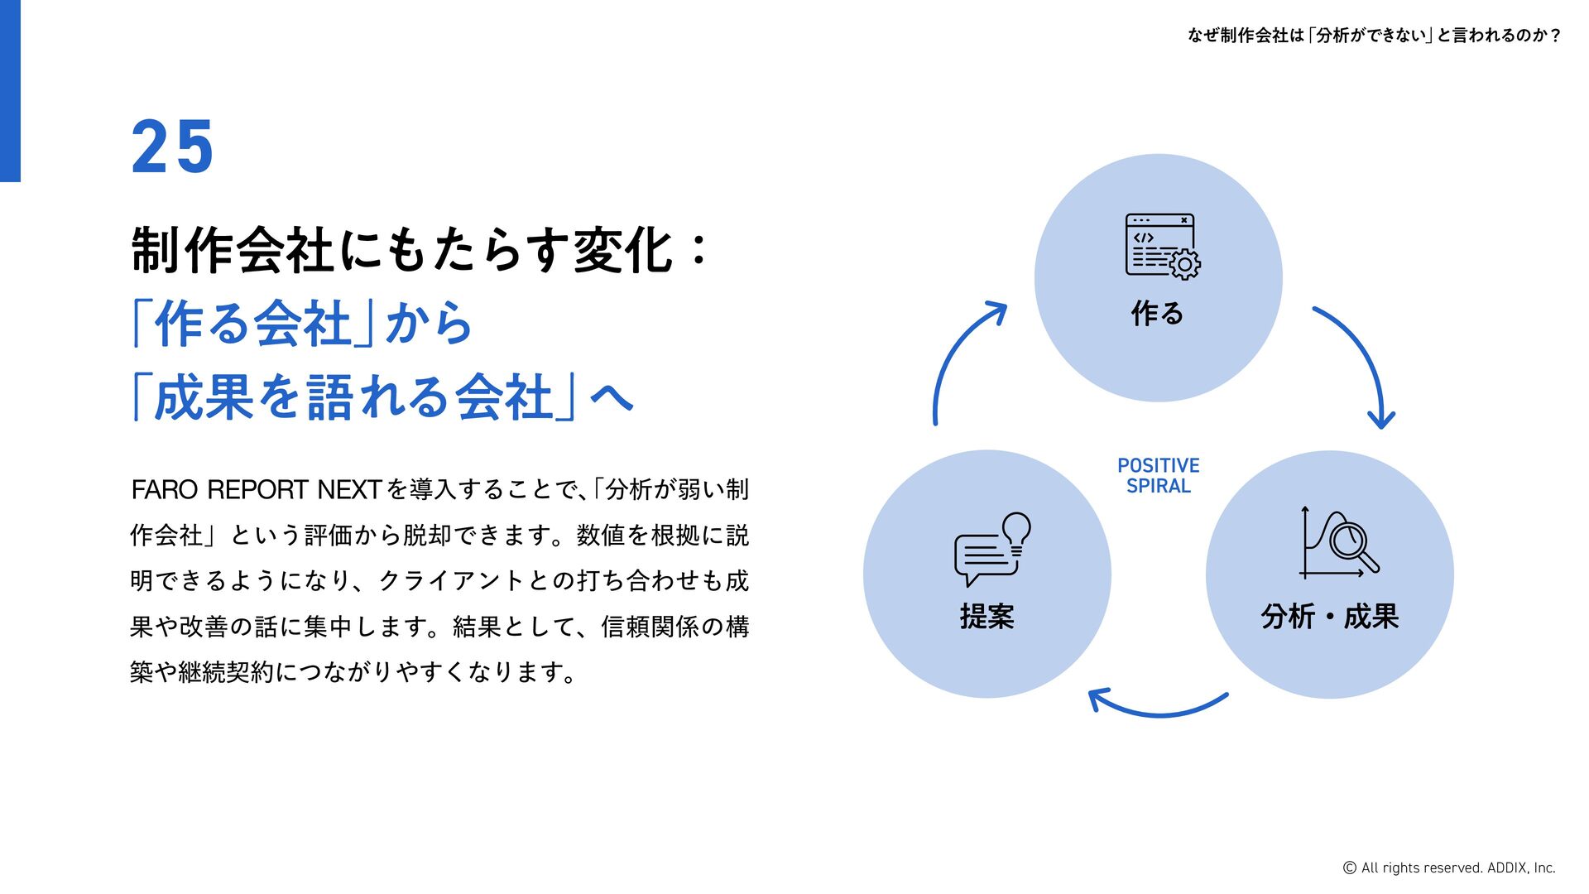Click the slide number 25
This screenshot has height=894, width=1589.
[172, 147]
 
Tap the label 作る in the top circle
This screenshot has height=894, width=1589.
[1157, 314]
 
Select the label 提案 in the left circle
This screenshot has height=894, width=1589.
[987, 617]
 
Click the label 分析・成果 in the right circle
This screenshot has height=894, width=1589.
[1329, 617]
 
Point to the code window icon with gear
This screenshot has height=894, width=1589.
[1161, 246]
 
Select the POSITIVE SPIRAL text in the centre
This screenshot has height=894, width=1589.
[1158, 476]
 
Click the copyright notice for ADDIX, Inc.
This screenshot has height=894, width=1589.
[1448, 868]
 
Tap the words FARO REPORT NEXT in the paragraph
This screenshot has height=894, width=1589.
[256, 490]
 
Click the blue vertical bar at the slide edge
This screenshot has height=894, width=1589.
[10, 91]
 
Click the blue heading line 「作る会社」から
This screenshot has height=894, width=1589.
[302, 324]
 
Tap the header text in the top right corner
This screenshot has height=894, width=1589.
[1374, 36]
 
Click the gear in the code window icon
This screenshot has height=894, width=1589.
[1184, 264]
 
